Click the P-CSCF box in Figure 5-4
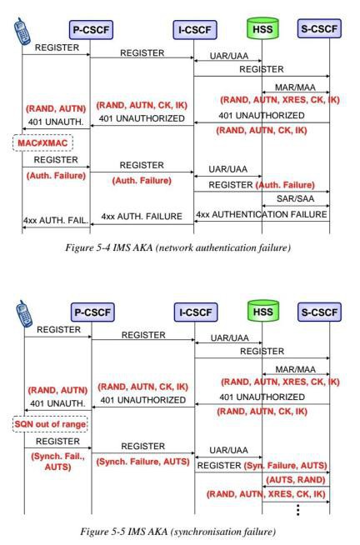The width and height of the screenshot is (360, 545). pyautogui.click(x=91, y=30)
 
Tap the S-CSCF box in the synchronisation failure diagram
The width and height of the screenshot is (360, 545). pyautogui.click(x=319, y=312)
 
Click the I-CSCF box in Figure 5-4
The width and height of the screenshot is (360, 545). pyautogui.click(x=195, y=30)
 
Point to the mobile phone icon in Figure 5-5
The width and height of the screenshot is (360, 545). pyautogui.click(x=24, y=314)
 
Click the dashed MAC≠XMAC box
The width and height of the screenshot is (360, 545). pyautogui.click(x=42, y=142)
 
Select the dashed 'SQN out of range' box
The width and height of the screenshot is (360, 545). pyautogui.click(x=50, y=424)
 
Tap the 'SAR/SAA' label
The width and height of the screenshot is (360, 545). pyautogui.click(x=295, y=198)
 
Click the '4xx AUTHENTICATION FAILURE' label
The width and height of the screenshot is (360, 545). pyautogui.click(x=262, y=214)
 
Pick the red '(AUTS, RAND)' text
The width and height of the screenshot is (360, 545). pyautogui.click(x=295, y=480)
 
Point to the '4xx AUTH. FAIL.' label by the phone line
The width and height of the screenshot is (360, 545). pyautogui.click(x=56, y=220)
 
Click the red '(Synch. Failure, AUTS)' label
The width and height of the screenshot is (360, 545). pyautogui.click(x=142, y=462)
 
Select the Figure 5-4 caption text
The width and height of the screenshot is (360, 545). pyautogui.click(x=177, y=247)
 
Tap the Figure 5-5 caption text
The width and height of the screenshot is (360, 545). pyautogui.click(x=177, y=532)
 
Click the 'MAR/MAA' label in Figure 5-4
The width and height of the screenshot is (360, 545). pyautogui.click(x=295, y=87)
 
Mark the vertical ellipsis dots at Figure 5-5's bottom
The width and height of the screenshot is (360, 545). pyautogui.click(x=297, y=510)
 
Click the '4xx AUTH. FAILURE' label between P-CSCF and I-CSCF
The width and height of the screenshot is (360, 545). pyautogui.click(x=142, y=217)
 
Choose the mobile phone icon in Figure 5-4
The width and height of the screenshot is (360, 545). pyautogui.click(x=22, y=32)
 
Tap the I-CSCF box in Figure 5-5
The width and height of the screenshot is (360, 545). pyautogui.click(x=196, y=312)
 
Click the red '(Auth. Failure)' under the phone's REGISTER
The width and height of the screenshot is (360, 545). pyautogui.click(x=56, y=176)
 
